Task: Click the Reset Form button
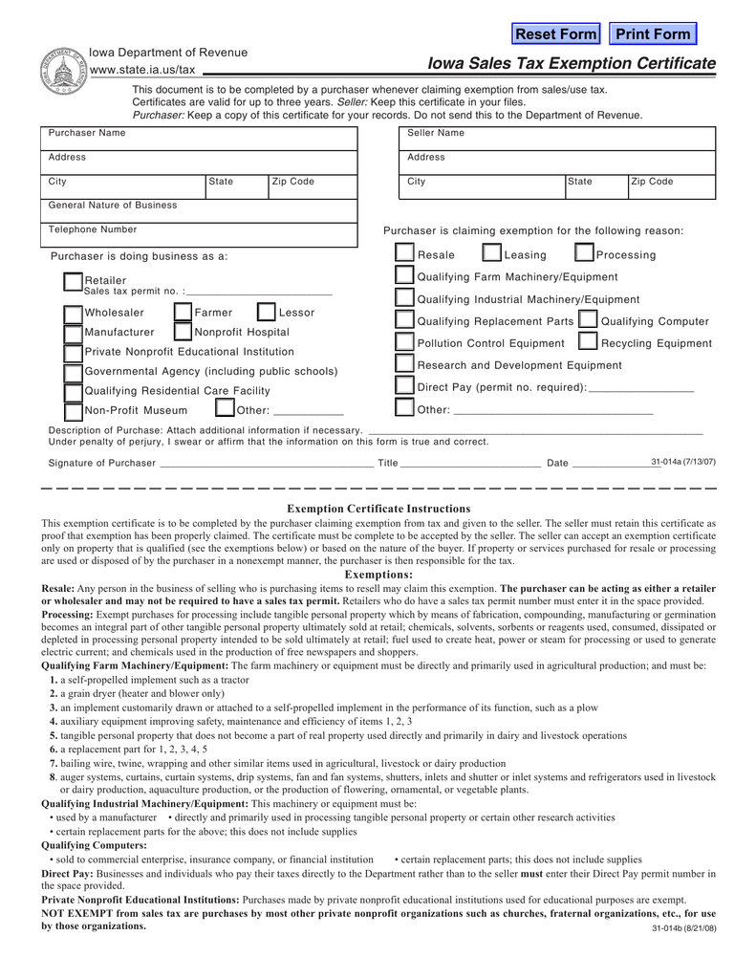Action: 556,34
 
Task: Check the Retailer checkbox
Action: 73,282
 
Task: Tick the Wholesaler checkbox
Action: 73,313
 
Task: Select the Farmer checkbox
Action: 184,313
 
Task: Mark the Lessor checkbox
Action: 267,313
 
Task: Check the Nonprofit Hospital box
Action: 184,333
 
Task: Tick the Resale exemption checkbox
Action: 405,254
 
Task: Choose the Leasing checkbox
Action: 491,254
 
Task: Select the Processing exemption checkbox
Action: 584,254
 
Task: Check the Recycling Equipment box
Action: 590,342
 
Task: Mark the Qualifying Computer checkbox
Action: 589,320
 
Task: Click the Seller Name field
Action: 558,139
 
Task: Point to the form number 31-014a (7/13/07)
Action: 682,462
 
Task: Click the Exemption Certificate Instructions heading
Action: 378,509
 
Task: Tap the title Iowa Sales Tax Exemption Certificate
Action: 572,64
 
